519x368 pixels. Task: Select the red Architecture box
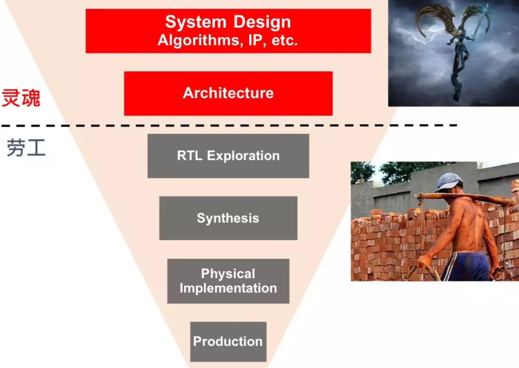(x=228, y=93)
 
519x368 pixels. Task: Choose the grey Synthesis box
(x=228, y=218)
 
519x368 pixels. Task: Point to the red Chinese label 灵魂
(x=21, y=98)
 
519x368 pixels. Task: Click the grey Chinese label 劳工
(x=26, y=148)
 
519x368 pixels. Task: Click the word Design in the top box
(x=262, y=22)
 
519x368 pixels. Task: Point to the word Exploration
(x=243, y=156)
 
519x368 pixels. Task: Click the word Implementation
(x=228, y=288)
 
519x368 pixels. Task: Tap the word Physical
(x=228, y=274)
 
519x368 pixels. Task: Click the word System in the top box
(x=196, y=22)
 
